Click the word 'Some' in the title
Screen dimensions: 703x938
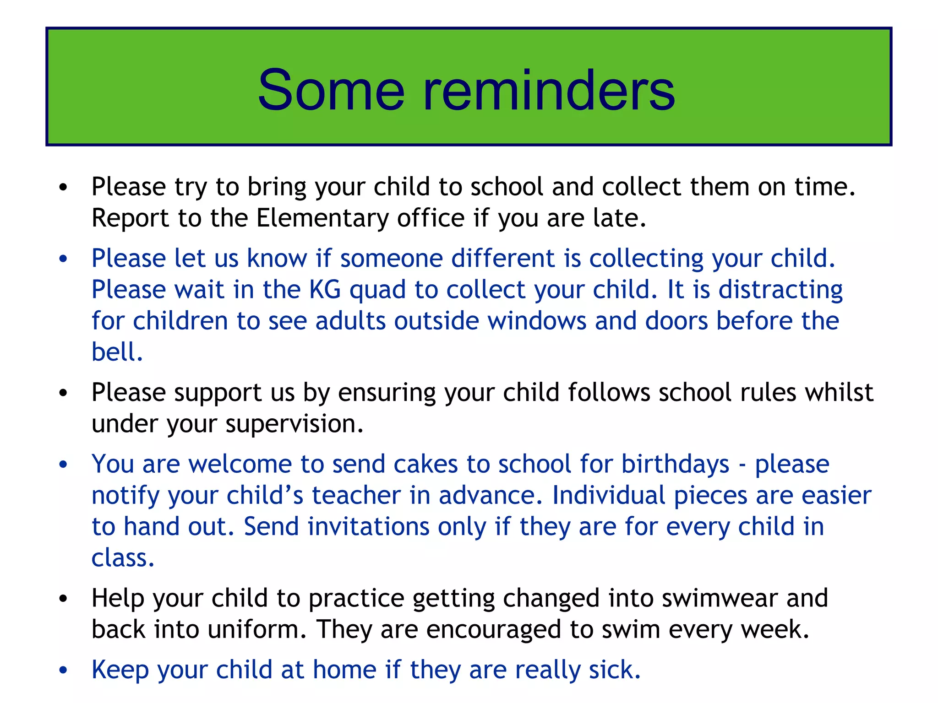[331, 90]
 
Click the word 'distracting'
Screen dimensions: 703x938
[780, 291]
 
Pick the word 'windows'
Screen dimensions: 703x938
[536, 321]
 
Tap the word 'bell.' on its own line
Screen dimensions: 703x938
[117, 352]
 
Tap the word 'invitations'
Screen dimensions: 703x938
[368, 527]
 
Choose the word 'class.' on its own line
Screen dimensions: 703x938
[123, 558]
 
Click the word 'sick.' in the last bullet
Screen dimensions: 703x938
[615, 670]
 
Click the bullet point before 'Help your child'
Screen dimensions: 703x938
[63, 599]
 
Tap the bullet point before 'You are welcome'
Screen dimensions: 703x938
[63, 465]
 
